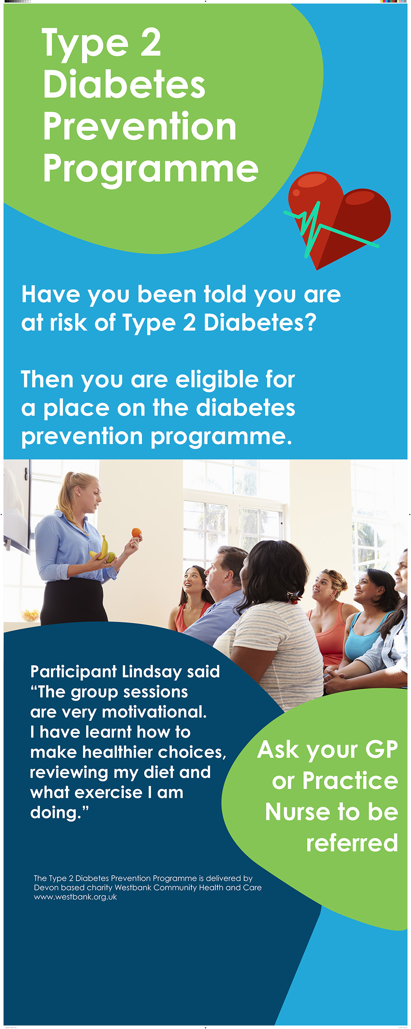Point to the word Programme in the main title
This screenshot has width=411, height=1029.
point(150,170)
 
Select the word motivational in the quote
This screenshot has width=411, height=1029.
point(154,712)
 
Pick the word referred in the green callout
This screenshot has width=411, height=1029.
point(352,843)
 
